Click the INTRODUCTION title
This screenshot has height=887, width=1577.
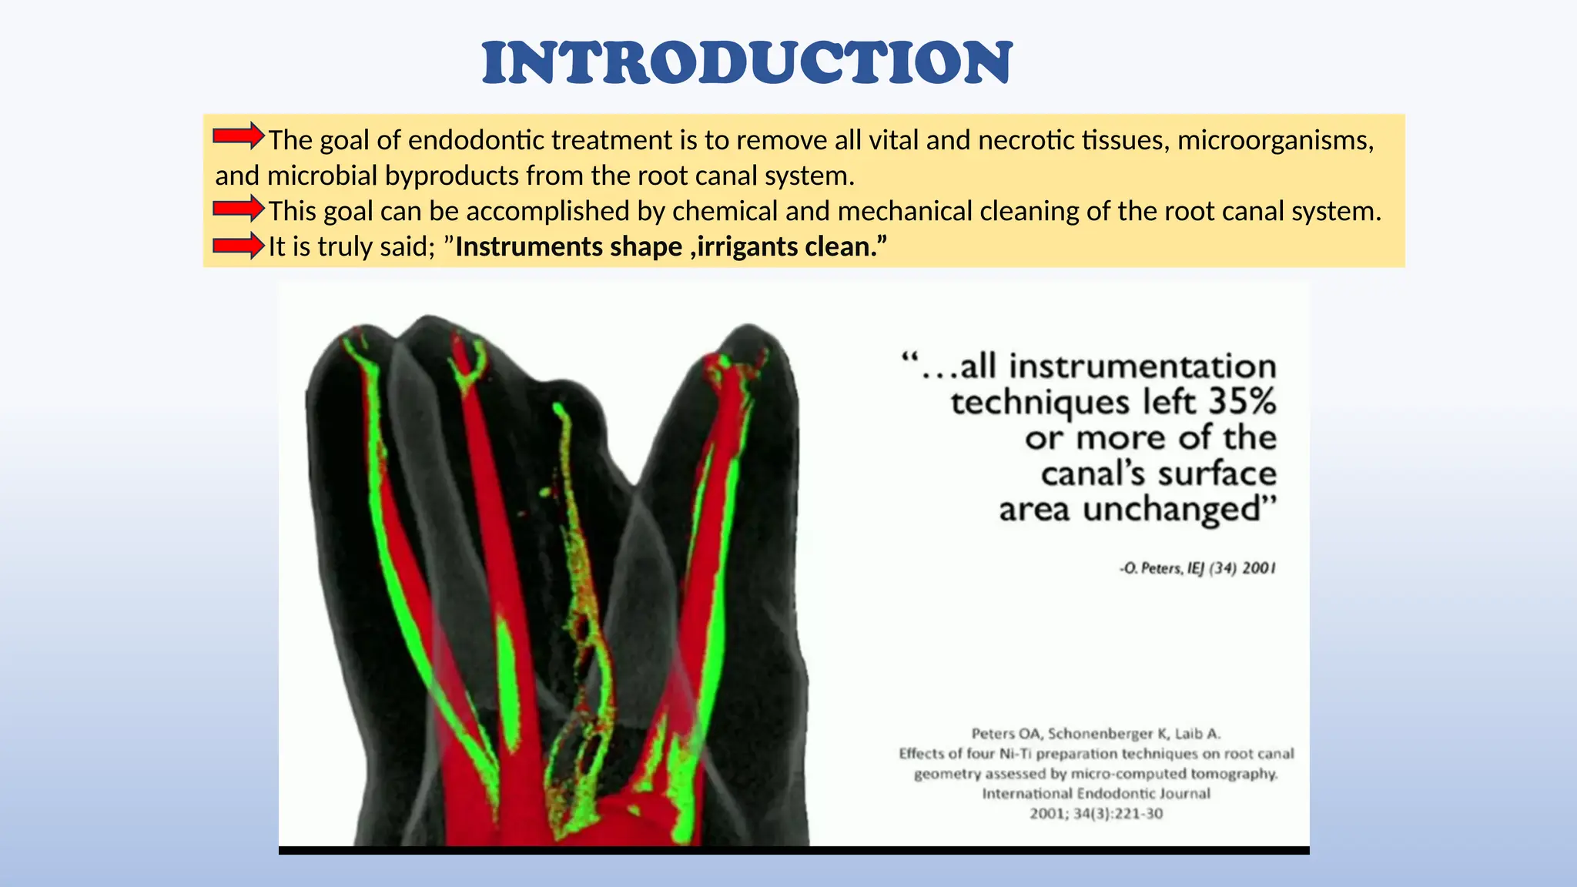pos(747,63)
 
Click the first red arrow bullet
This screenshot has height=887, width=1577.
pos(238,136)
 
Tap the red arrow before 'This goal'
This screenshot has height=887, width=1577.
pos(238,208)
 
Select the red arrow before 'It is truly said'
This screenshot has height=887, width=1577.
pos(238,246)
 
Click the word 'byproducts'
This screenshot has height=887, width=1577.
pos(451,176)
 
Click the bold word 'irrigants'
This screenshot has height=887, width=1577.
pos(747,247)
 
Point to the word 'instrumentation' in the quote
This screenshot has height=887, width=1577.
pos(1143,366)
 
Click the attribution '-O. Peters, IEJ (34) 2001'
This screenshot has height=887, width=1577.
pos(1197,568)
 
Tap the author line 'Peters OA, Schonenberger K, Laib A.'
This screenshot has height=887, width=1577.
pos(1096,733)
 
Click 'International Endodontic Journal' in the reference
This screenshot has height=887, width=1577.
pos(1096,793)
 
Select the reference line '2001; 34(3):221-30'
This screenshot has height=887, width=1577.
pos(1096,813)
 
